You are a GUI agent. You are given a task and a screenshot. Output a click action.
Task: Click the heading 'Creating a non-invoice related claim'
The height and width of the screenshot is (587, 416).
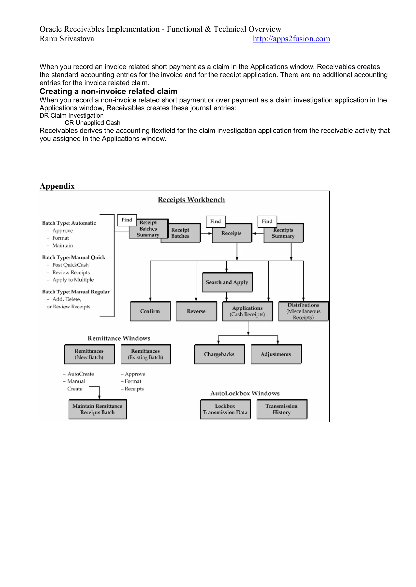click(x=108, y=91)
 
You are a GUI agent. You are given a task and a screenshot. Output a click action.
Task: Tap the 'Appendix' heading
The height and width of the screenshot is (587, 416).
click(x=57, y=186)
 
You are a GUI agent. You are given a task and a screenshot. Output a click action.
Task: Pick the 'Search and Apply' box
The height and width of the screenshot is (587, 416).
click(x=227, y=282)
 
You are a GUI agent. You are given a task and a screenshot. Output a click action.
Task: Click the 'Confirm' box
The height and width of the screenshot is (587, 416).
click(x=150, y=311)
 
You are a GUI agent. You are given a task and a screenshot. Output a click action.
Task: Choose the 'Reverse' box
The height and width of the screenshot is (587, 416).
click(x=196, y=311)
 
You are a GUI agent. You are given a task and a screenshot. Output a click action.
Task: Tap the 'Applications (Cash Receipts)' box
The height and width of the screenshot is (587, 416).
click(x=247, y=311)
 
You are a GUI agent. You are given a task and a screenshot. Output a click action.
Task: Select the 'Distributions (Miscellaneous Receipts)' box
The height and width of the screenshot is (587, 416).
click(x=303, y=311)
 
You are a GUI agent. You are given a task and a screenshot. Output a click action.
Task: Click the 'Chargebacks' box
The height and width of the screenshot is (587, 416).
click(x=219, y=354)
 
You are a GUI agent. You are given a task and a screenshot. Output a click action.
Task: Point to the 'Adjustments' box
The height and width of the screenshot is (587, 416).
click(x=276, y=354)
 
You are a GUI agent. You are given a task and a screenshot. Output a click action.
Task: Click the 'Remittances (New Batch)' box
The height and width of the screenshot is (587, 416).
click(x=89, y=354)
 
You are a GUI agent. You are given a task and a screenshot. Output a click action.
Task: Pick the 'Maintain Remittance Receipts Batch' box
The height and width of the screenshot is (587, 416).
click(x=97, y=409)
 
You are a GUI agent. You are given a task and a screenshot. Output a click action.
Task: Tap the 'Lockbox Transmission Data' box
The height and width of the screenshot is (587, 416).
click(x=225, y=409)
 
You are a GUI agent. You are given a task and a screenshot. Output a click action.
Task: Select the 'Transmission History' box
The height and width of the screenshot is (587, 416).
click(x=282, y=409)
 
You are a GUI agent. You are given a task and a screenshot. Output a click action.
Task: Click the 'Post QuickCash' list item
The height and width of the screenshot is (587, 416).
click(x=70, y=265)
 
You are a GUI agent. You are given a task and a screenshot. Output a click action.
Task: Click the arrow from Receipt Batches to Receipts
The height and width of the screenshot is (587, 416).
click(x=206, y=233)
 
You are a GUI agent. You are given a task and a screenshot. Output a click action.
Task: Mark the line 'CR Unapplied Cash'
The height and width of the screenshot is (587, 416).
click(x=92, y=123)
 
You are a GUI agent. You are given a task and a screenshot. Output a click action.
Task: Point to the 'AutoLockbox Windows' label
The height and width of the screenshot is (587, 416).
click(x=245, y=393)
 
